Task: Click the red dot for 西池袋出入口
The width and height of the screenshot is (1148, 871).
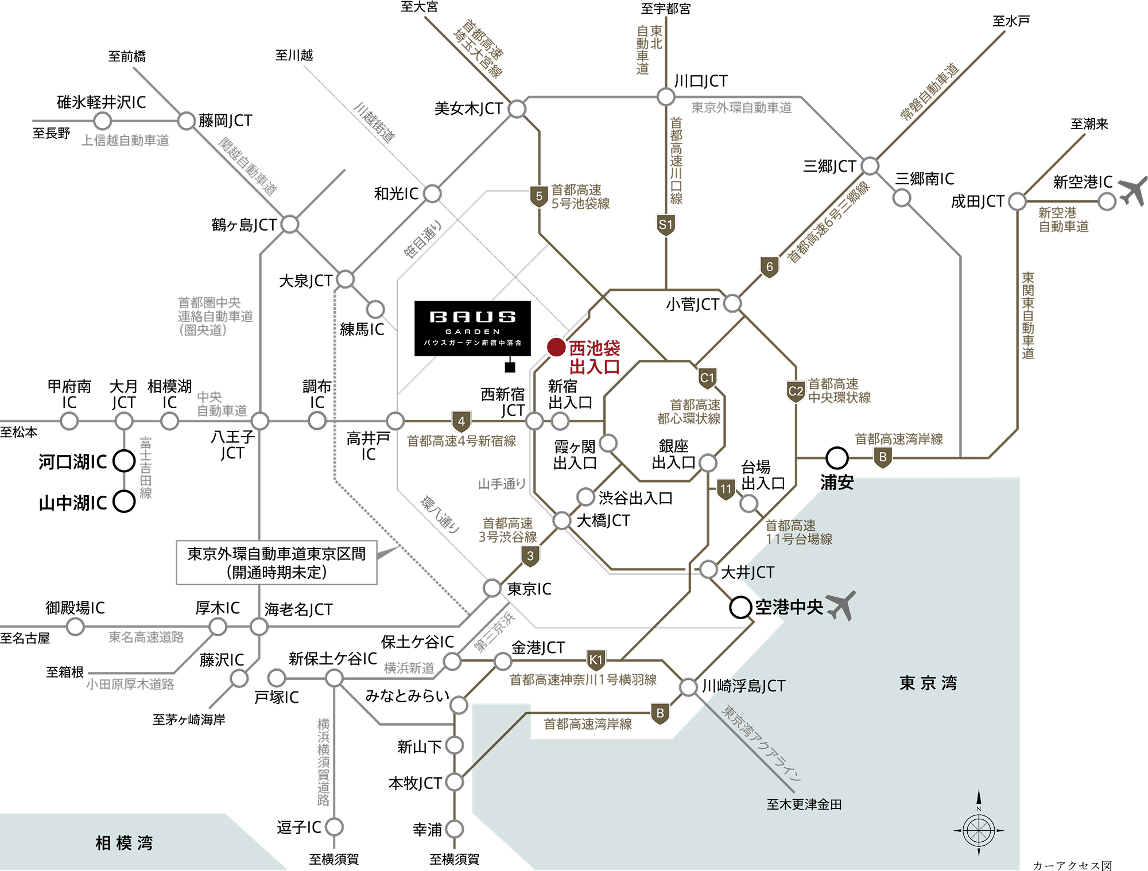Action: pos(556,347)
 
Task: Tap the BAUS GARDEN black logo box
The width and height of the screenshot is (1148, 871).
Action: pos(472,328)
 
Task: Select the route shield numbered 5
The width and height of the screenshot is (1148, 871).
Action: pos(538,197)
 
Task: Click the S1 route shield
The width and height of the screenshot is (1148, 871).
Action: pos(665,225)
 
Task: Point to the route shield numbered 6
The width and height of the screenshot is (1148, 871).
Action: pos(769,267)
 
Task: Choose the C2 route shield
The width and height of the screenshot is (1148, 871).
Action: pos(796,391)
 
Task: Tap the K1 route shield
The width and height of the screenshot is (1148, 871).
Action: pos(596,660)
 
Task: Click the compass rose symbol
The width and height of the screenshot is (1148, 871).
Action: pos(979,830)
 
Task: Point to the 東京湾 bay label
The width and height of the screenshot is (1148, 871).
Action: pos(928,683)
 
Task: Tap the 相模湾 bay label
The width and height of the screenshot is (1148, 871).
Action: pos(124,843)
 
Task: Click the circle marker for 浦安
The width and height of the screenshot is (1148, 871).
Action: pos(837,458)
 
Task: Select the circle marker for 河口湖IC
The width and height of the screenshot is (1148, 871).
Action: pos(124,461)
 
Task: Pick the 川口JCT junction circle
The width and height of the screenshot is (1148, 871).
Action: pos(666,96)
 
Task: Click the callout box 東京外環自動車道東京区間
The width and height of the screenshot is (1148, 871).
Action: pos(277,563)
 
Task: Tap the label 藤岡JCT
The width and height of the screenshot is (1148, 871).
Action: pos(226,120)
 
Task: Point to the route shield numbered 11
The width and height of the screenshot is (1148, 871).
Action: pos(726,489)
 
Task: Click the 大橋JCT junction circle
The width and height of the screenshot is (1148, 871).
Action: pos(561,520)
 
